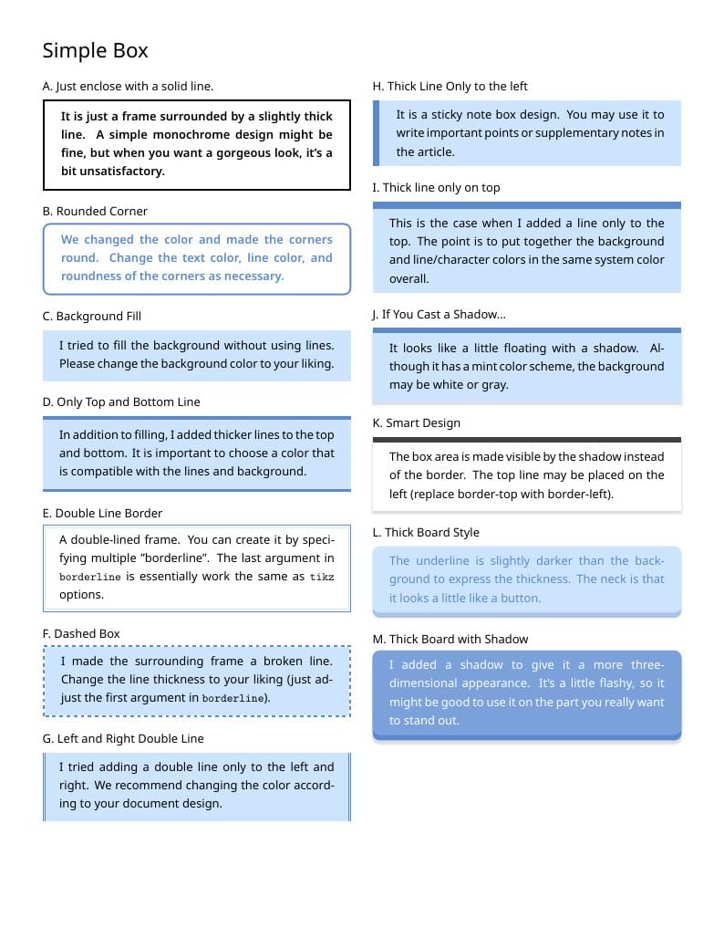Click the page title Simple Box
coord(95,50)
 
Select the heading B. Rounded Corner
coord(95,211)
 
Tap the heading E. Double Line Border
coord(102,513)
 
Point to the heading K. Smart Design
coord(417,422)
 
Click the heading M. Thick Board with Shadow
coord(450,639)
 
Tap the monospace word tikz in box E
coord(322,577)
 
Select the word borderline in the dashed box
coord(234,698)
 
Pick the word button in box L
coord(521,598)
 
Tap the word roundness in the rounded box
coord(90,276)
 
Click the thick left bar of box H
coord(376,133)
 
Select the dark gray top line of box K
coord(527,439)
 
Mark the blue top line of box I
coord(527,205)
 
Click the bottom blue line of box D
coord(197,491)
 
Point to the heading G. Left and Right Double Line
coord(123,738)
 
